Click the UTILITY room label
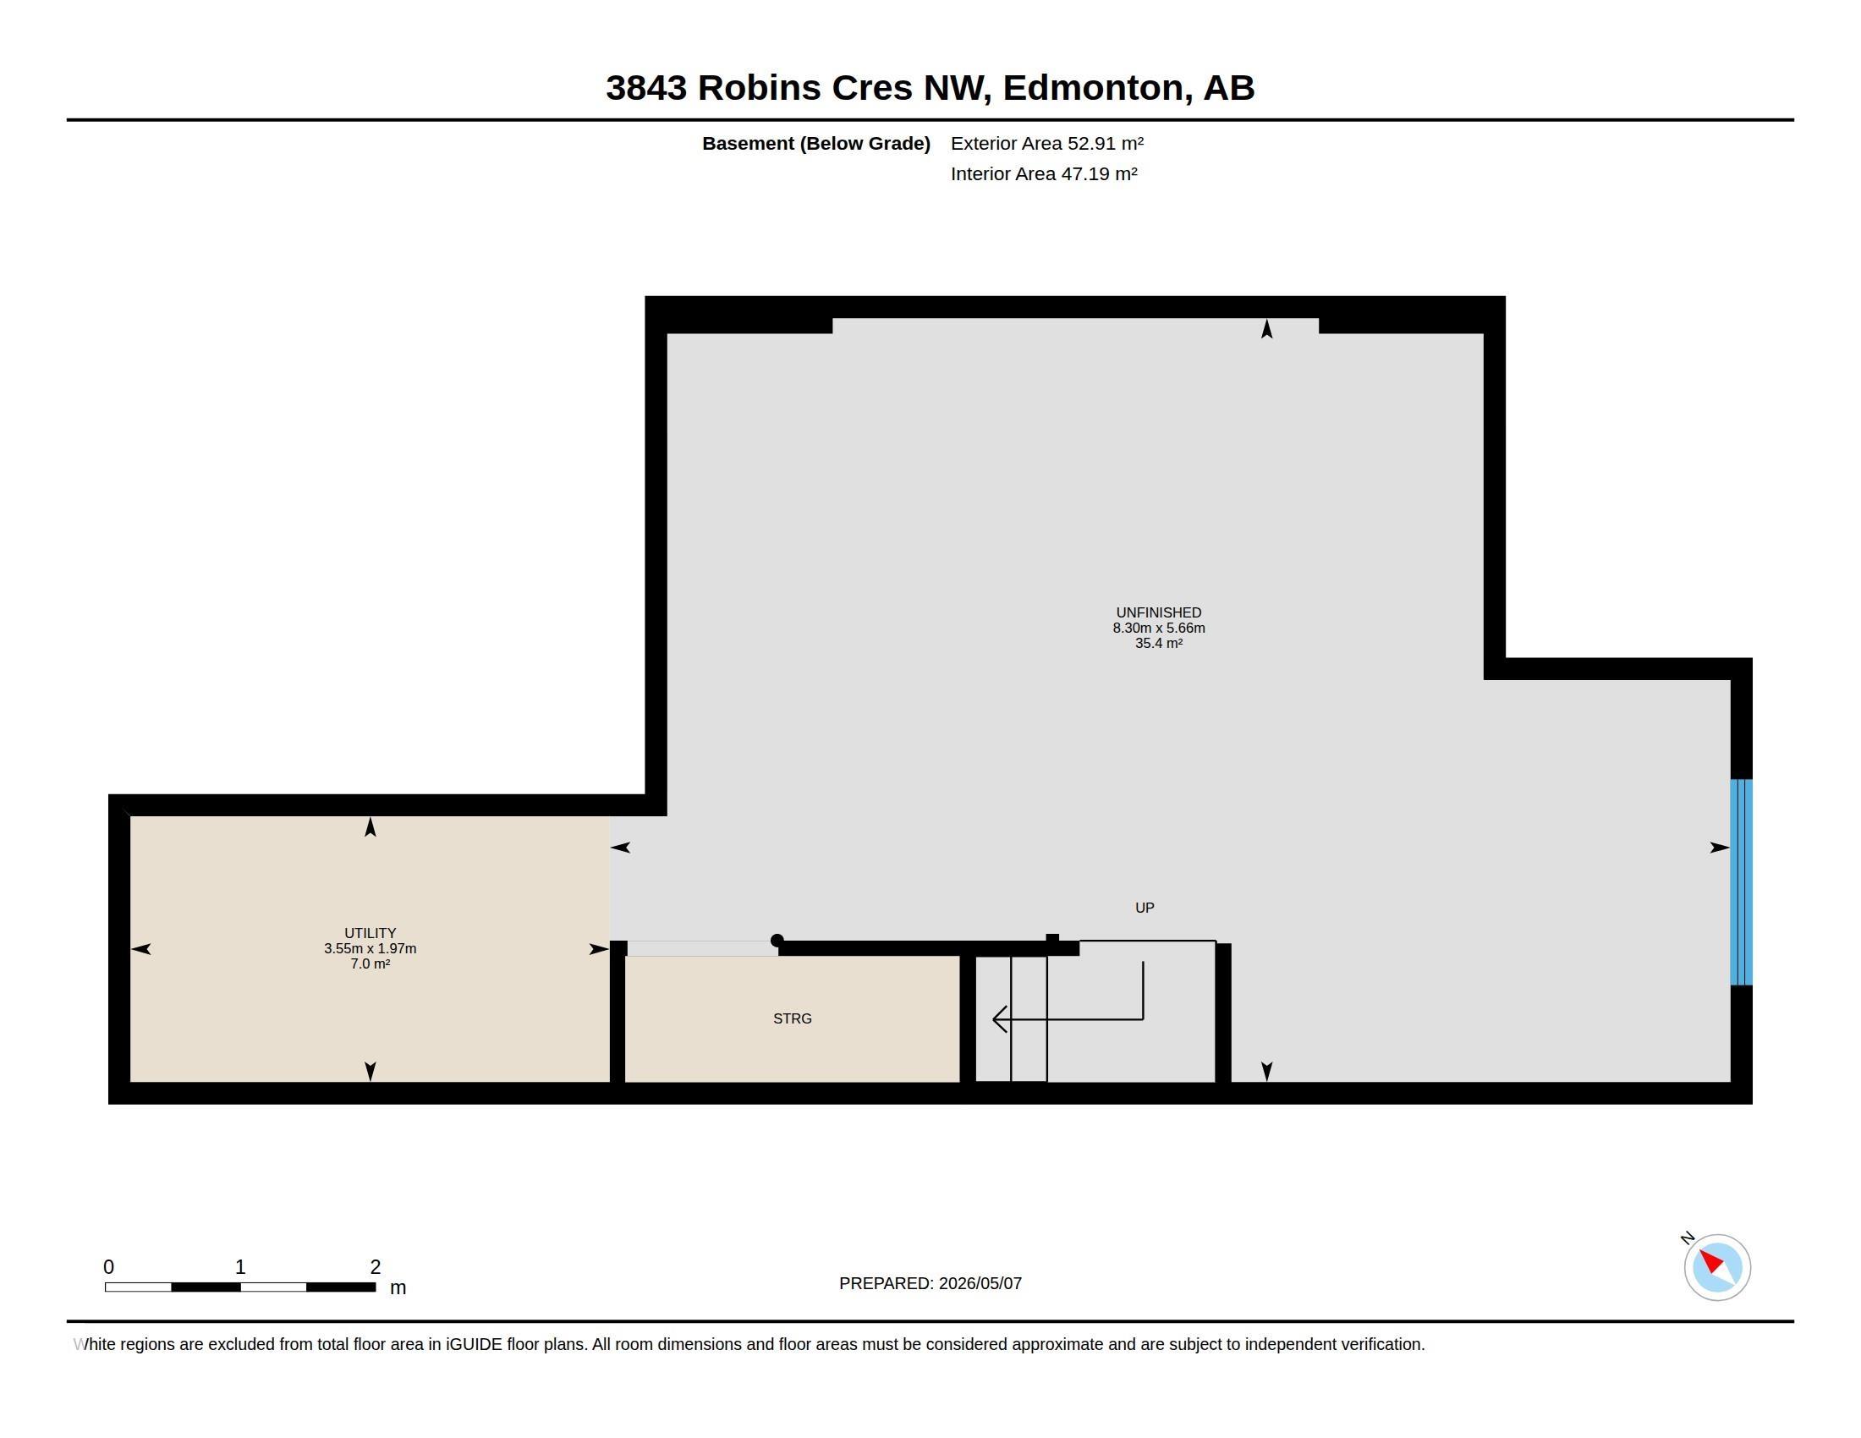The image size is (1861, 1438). coord(370,933)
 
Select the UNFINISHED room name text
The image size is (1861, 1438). coord(1159,612)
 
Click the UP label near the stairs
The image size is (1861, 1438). coord(1145,908)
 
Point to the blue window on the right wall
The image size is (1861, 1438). coord(1741,881)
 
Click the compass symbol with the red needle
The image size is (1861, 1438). coord(1717,1267)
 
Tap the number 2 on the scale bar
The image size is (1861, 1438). coord(375,1267)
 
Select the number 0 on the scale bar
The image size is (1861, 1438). coord(108,1267)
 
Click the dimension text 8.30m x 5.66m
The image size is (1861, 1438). coord(1159,628)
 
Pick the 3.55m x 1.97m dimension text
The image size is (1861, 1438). coord(370,948)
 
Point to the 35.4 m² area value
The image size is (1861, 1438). coord(1159,643)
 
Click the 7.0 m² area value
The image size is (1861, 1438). coord(370,963)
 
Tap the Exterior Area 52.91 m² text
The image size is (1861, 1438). coord(1047,143)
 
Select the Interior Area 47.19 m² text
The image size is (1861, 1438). coord(1044,173)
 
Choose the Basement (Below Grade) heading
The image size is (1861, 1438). coord(816,143)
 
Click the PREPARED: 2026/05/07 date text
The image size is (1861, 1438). coord(930,1283)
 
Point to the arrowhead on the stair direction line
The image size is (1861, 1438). coord(1000,1019)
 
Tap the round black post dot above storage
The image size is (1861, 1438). coord(777,941)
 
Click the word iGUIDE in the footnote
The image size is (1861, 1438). coord(474,1344)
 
